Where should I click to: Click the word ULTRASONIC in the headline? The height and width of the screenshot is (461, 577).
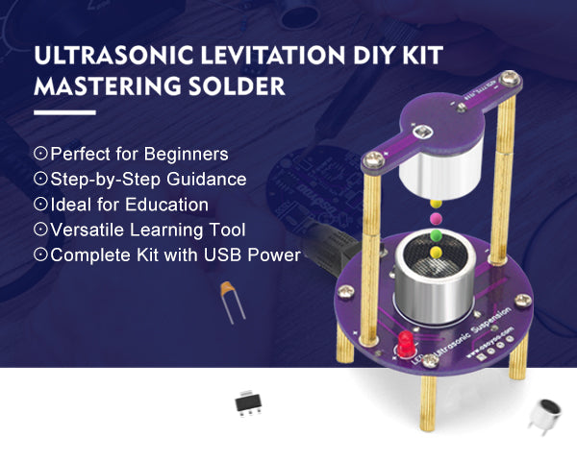pos(113,55)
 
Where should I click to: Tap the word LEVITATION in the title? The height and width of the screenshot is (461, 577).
pos(273,55)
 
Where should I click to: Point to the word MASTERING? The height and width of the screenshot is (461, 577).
pos(108,86)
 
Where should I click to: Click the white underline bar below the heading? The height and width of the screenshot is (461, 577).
pos(64,113)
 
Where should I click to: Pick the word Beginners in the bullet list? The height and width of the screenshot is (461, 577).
pos(187,154)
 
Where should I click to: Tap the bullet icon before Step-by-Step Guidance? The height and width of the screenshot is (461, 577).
pos(40,179)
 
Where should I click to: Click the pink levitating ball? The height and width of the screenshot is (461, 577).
pos(436,218)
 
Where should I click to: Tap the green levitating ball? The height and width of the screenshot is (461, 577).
pos(436,235)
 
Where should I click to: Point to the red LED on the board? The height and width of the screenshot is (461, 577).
pos(406,344)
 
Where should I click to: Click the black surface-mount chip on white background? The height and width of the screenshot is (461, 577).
pos(248,403)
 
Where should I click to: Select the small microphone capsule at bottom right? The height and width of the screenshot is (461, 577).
pos(546,416)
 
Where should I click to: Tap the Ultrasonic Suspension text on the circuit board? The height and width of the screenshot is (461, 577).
pos(473,332)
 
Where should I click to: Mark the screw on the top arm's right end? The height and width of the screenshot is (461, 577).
pos(510,79)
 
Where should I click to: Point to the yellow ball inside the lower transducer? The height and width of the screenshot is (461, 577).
pos(436,252)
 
